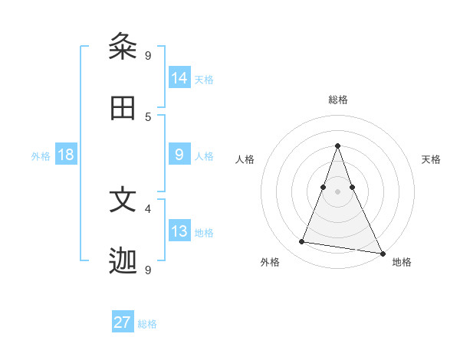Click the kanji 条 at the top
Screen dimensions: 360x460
123,47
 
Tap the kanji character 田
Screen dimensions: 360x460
123,109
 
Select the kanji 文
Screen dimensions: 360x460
123,200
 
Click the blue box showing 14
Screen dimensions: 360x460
179,77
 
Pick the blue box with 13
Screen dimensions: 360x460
179,231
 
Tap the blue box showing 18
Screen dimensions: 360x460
66,155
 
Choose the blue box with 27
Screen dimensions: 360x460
123,322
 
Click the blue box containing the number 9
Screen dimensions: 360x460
179,155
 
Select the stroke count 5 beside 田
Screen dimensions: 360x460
148,116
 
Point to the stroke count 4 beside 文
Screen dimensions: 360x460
148,208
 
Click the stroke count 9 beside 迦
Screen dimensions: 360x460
148,270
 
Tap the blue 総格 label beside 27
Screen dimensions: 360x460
147,324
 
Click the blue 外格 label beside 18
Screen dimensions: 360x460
41,156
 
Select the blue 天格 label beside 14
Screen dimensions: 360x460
204,79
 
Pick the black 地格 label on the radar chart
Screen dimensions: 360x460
402,262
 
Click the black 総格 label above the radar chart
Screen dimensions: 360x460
337,100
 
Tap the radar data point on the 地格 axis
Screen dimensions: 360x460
381,252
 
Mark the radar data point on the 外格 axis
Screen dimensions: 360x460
301,242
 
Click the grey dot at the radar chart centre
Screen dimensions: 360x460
337,191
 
